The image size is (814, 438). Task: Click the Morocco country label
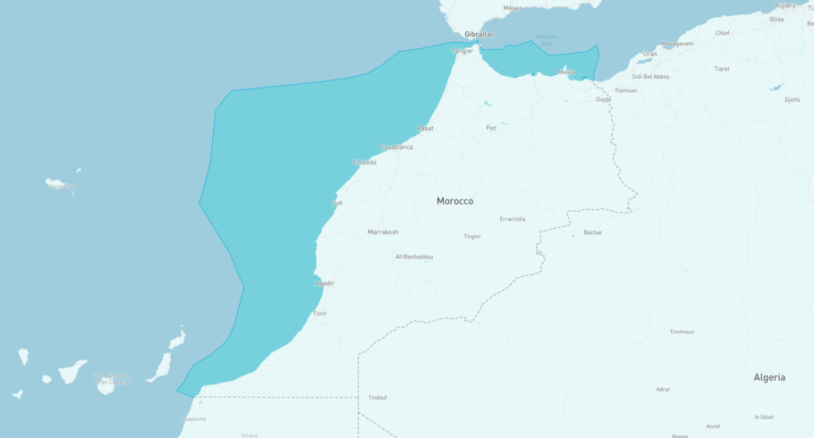coord(454,201)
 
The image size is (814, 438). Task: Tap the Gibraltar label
coord(479,34)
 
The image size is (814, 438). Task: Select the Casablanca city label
coord(397,147)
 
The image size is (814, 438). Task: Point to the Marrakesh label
coord(383,232)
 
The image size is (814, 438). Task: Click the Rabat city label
coord(425,128)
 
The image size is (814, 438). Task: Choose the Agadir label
coord(325,283)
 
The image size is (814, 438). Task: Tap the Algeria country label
coord(769,377)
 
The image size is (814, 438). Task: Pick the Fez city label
coord(491,128)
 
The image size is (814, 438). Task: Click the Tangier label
coord(462,51)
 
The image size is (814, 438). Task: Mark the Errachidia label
coord(513,219)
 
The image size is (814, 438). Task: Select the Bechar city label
coord(593,232)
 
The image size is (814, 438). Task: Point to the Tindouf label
coord(377,398)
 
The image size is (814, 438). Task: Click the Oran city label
coord(650,54)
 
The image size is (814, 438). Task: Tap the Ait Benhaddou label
coord(414,257)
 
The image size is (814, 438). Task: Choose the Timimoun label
coord(682,332)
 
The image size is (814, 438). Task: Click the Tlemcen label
coord(626,90)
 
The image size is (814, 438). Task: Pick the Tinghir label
coord(472,237)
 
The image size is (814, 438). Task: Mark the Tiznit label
coord(319,314)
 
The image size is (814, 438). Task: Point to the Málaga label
coord(513,8)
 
